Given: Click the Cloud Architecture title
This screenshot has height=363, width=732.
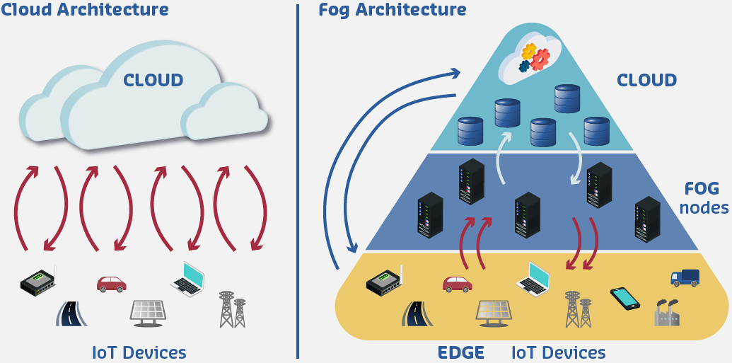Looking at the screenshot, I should tap(85, 10).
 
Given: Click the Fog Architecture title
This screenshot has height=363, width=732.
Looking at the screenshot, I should tap(393, 10).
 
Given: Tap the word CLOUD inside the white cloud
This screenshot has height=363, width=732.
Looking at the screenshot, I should tap(153, 80).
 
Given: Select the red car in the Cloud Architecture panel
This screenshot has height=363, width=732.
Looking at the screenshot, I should tap(111, 284).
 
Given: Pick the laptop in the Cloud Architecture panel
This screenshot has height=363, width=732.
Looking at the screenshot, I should tap(187, 277).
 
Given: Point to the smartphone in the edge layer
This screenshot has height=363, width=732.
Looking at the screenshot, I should tap(624, 297).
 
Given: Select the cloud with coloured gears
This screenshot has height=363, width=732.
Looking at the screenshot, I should tap(530, 57).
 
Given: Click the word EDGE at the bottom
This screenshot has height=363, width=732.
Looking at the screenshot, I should tap(460, 352).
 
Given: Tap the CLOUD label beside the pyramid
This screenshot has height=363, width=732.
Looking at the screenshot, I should tap(646, 80).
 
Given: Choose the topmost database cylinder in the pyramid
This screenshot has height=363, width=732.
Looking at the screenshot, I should tap(567, 98).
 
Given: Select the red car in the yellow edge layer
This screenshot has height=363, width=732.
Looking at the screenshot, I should tap(457, 284).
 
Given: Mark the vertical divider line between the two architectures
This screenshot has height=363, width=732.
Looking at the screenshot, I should tap(298, 181).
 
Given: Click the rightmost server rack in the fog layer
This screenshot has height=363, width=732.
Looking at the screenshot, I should tap(647, 219).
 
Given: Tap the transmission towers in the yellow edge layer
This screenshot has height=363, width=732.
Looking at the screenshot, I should tap(578, 309).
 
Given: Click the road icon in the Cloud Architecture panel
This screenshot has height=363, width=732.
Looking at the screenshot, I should tap(71, 313).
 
